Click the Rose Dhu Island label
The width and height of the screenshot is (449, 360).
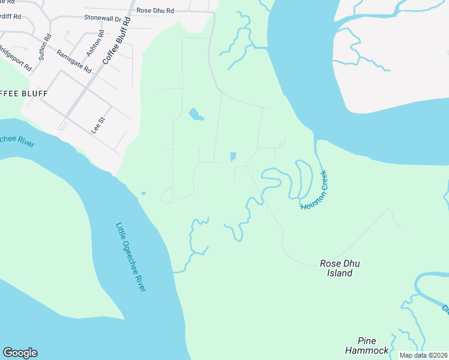(x=339, y=268)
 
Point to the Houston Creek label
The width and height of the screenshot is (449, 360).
(x=314, y=190)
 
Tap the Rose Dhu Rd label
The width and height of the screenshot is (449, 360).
(x=155, y=11)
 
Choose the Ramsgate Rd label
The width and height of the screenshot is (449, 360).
(x=73, y=60)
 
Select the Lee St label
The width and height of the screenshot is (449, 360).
(x=97, y=124)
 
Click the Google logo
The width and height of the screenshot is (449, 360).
(x=20, y=353)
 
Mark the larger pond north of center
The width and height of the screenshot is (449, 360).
(x=196, y=114)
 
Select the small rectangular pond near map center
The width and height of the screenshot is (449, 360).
(x=232, y=157)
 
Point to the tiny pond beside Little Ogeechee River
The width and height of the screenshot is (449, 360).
(x=143, y=193)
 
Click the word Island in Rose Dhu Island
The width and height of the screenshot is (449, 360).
(x=339, y=274)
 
